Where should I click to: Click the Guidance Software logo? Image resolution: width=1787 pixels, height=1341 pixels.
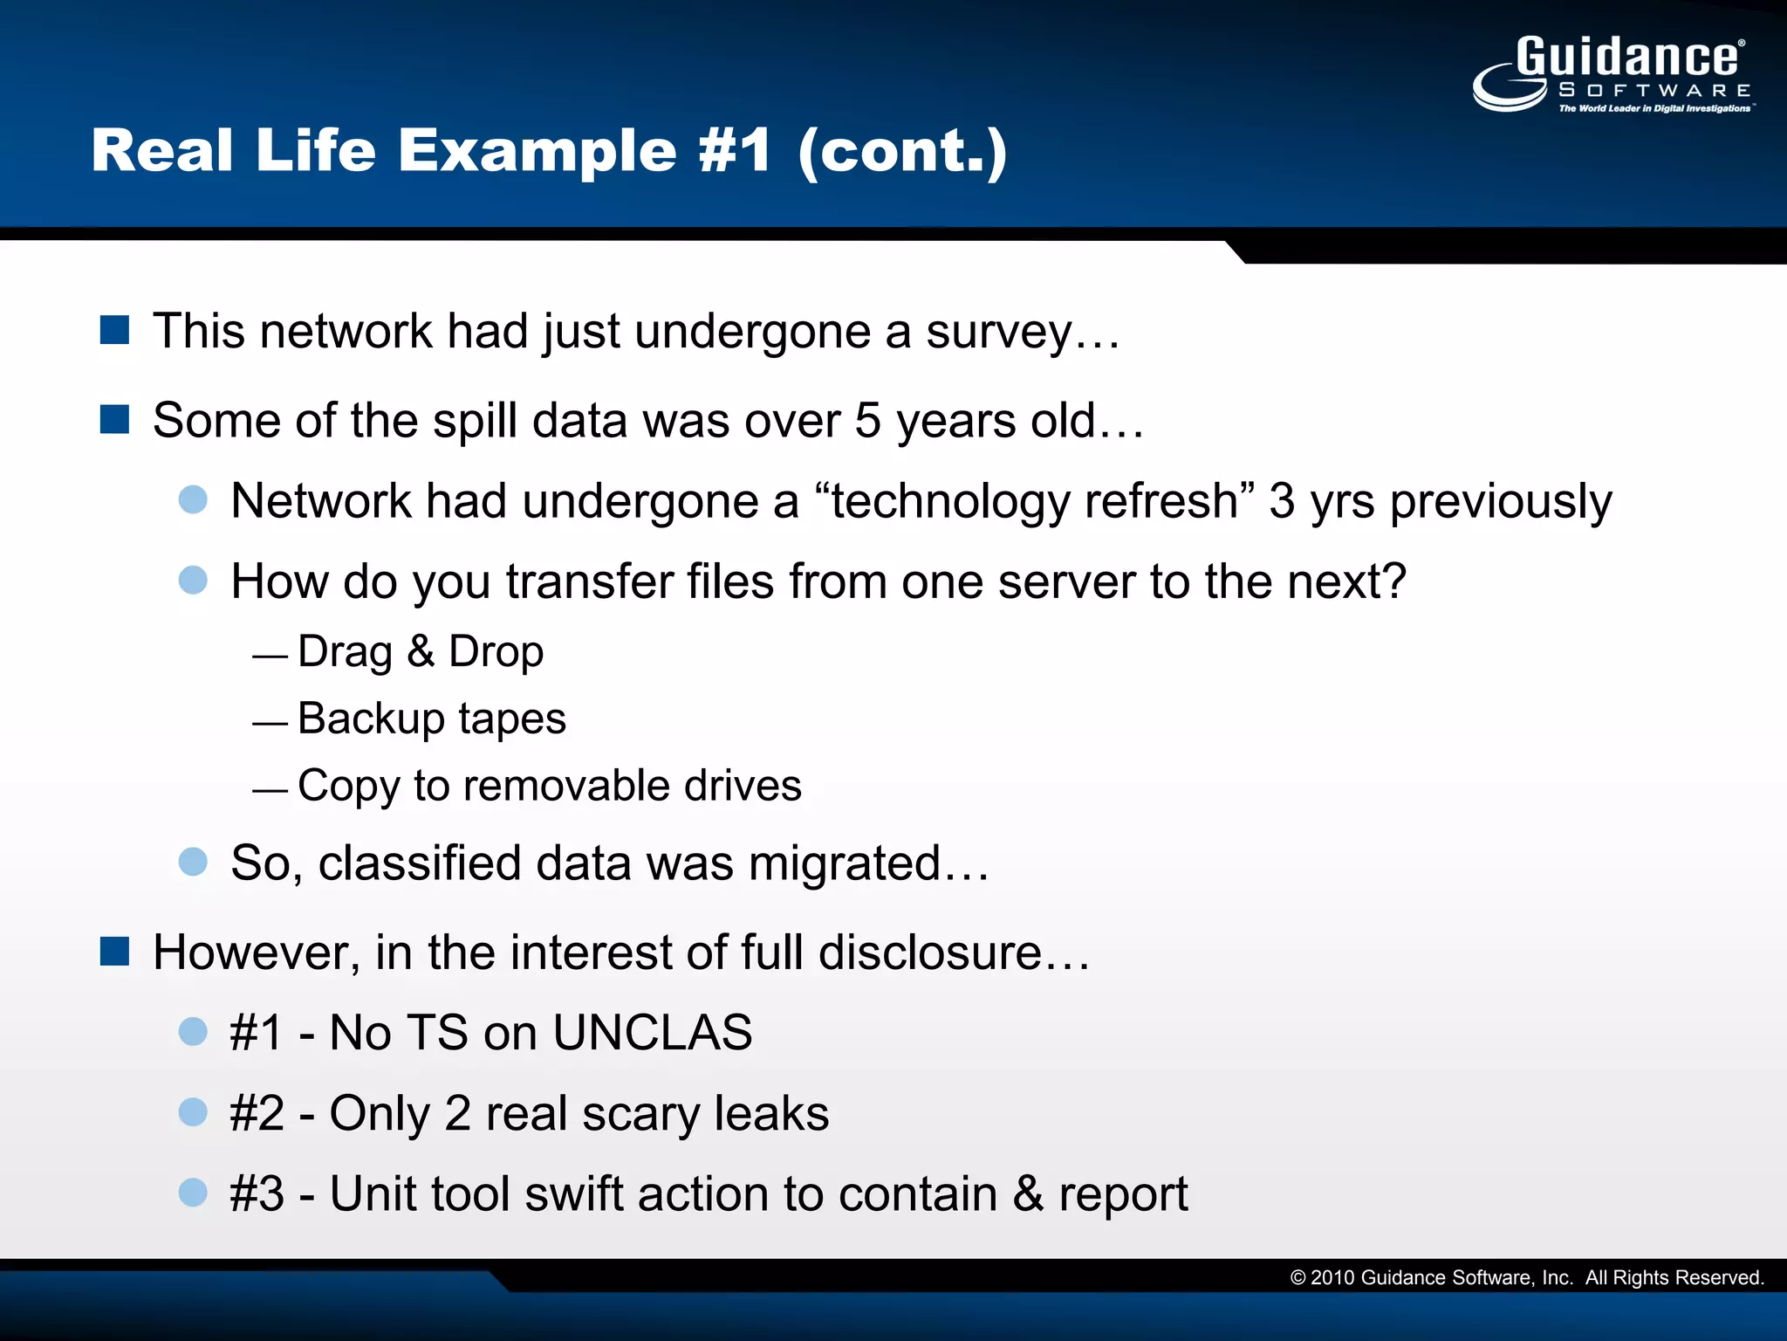[1612, 75]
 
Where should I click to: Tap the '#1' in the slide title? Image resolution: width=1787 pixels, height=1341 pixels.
[735, 151]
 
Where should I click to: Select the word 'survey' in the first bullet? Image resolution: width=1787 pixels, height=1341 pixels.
[998, 333]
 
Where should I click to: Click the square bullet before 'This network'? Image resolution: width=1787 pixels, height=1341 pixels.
[115, 331]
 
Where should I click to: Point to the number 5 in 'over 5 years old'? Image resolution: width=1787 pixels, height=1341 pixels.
[868, 421]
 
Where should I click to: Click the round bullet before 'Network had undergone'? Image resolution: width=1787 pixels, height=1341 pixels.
[193, 500]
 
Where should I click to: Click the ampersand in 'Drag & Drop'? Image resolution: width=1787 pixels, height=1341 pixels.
[421, 651]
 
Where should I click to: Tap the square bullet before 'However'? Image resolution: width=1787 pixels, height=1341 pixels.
[115, 952]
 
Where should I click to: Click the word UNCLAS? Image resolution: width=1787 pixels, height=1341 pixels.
[652, 1033]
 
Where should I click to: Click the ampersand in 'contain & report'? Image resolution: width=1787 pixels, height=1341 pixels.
[1028, 1193]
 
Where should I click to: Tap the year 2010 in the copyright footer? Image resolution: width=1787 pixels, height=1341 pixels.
[1332, 1278]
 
